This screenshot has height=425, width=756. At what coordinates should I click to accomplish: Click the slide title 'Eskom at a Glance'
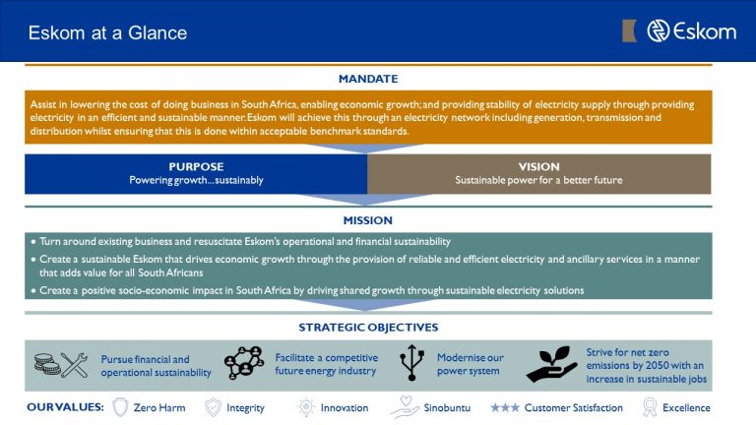(107, 32)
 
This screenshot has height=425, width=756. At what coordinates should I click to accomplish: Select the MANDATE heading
(368, 78)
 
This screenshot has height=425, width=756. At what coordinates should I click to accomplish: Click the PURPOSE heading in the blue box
(196, 166)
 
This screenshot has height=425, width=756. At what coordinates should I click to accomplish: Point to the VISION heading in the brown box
(538, 166)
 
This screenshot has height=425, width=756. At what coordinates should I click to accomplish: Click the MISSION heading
(367, 220)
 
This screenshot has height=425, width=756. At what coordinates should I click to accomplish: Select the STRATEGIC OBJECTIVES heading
(368, 327)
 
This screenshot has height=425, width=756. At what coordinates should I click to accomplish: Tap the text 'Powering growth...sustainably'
(196, 181)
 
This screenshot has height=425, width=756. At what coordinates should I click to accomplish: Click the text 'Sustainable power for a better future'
(538, 181)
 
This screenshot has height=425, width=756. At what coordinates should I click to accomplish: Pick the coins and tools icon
(60, 365)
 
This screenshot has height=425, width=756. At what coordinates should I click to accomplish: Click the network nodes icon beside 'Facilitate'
(244, 364)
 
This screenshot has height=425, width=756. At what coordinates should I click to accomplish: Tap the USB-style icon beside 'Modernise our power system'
(411, 364)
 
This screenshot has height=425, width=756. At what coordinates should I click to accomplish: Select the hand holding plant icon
(551, 364)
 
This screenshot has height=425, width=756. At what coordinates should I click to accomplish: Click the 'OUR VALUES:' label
(65, 407)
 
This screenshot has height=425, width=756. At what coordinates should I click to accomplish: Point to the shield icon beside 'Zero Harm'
(121, 407)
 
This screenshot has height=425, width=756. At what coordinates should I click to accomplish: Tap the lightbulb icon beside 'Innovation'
(306, 407)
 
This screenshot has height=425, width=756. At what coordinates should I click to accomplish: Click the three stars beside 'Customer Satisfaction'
(505, 407)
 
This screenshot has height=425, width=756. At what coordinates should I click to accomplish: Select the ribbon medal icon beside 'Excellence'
(649, 407)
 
